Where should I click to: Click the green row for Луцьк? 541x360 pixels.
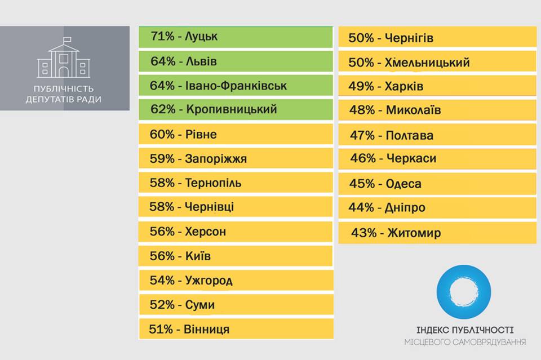[x=236, y=37]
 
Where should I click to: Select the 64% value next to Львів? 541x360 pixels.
[x=162, y=61]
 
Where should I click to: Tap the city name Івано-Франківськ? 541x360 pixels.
[x=236, y=86]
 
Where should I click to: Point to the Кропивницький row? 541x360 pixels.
[x=236, y=109]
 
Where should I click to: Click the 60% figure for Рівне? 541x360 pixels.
[x=162, y=135]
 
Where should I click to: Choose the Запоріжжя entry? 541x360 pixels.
[x=236, y=159]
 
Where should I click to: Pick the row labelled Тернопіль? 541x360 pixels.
[x=236, y=183]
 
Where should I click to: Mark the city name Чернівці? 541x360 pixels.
[x=209, y=207]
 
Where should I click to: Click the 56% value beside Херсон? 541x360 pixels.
[x=162, y=232]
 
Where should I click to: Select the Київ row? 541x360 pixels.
[x=236, y=256]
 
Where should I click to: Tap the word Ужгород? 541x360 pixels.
[x=209, y=280]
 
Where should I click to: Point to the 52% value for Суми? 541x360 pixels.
[x=162, y=305]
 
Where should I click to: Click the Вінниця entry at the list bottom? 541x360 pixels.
[x=236, y=329]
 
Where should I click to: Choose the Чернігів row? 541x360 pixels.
[x=437, y=38]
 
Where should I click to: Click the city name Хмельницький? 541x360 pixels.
[x=428, y=63]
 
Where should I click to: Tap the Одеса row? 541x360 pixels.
[x=437, y=184]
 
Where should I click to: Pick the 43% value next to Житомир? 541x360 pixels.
[x=363, y=233]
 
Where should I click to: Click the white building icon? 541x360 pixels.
[x=64, y=59]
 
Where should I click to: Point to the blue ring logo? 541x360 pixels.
[x=463, y=291]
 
